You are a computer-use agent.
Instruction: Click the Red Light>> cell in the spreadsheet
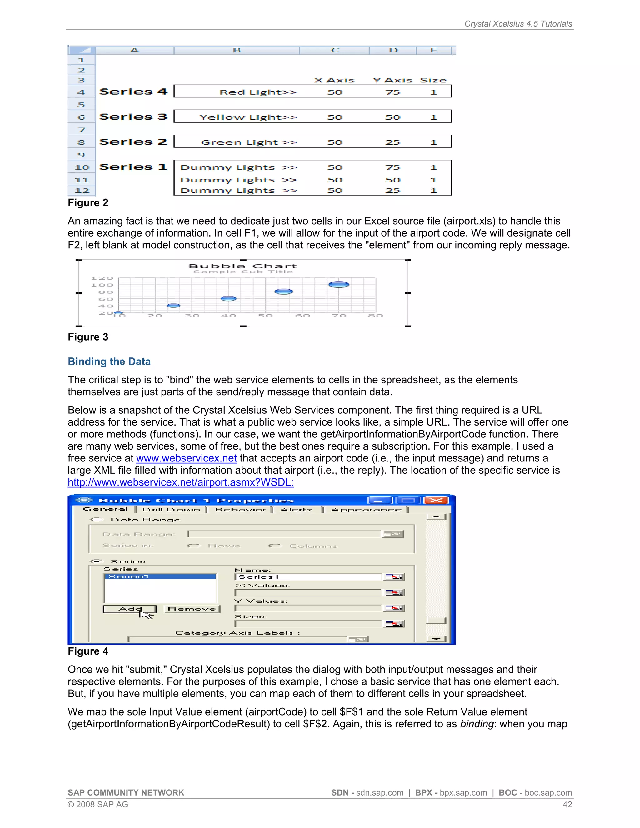click(x=258, y=92)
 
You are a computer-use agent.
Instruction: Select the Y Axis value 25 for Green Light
click(x=393, y=142)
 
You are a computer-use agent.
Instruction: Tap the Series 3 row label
click(x=133, y=117)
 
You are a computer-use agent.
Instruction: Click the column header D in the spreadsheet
click(x=393, y=50)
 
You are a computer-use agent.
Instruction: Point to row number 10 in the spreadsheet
click(x=82, y=167)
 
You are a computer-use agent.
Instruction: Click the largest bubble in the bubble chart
click(x=338, y=284)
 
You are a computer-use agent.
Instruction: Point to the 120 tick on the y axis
click(x=102, y=278)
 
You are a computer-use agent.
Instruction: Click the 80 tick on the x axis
click(x=375, y=316)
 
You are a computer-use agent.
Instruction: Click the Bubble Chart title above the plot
click(x=242, y=266)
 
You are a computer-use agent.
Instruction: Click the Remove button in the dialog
click(x=192, y=609)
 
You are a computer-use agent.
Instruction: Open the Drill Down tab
click(x=171, y=510)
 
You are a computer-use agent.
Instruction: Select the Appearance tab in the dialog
click(x=366, y=510)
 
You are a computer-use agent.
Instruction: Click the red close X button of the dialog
click(x=436, y=501)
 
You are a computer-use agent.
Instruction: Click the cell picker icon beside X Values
click(x=394, y=592)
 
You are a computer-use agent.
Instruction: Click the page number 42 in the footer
click(x=567, y=805)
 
